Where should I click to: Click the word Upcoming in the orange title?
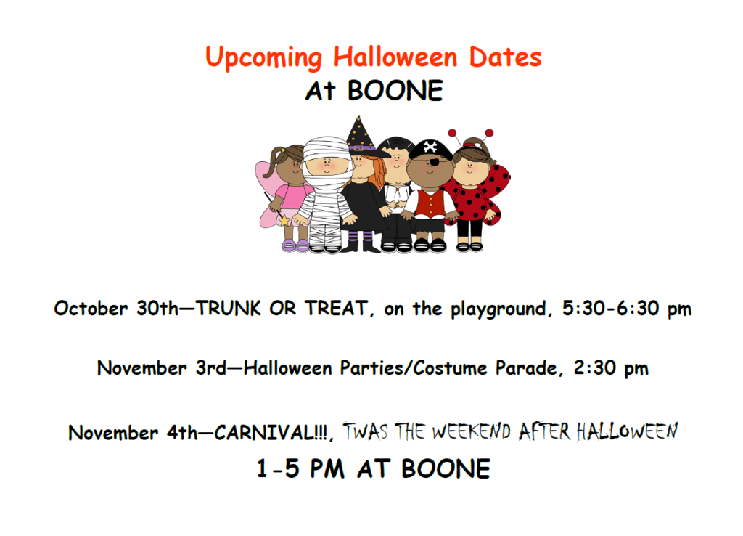click(264, 58)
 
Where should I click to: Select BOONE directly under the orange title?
click(395, 92)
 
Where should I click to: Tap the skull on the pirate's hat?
click(431, 147)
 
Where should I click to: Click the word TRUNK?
click(228, 309)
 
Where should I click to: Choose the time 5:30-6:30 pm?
click(627, 309)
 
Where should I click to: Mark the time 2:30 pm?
click(609, 368)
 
